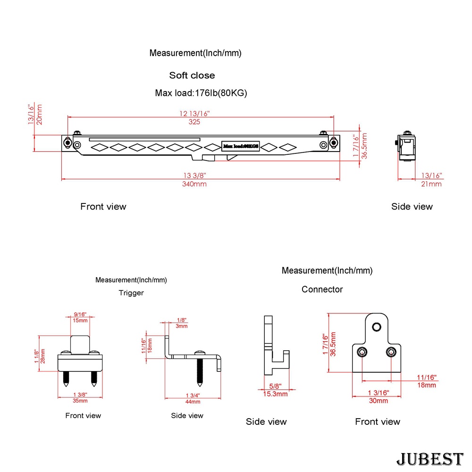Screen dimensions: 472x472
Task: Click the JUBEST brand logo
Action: [430, 459]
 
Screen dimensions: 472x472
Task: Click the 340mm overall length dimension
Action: [194, 184]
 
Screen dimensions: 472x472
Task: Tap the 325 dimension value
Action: [194, 122]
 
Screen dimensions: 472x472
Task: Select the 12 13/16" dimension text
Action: [194, 113]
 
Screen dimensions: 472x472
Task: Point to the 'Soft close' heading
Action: [192, 76]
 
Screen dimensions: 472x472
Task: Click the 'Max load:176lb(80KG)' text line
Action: [201, 93]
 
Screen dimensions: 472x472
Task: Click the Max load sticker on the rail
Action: [241, 146]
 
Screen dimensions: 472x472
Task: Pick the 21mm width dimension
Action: [431, 184]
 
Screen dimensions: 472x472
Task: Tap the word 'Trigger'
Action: [131, 293]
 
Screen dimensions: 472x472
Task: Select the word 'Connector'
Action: [322, 289]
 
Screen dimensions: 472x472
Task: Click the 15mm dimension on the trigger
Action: [80, 321]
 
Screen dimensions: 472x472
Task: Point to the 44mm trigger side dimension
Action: [193, 402]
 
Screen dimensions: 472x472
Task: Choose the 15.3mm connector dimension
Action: [275, 394]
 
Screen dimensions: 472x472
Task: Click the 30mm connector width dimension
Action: [378, 401]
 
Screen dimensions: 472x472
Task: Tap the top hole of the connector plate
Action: [376, 327]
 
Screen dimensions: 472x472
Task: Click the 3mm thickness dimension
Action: [182, 326]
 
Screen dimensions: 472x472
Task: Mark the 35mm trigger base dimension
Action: [80, 401]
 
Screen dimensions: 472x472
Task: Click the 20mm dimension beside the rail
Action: [40, 115]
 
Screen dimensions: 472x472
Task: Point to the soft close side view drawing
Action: [407, 147]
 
